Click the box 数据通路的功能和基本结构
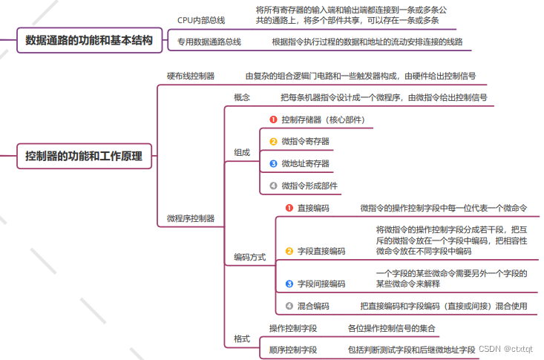[x=89, y=41]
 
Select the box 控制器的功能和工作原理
[x=84, y=156]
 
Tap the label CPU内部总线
[x=201, y=20]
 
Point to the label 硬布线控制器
[x=191, y=76]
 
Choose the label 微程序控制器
[x=191, y=218]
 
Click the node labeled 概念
[x=242, y=97]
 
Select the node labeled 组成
[x=242, y=152]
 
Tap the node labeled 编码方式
[x=249, y=257]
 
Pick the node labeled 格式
[x=242, y=338]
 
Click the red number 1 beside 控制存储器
[x=273, y=119]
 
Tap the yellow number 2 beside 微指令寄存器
[x=273, y=141]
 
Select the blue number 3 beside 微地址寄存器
[x=273, y=163]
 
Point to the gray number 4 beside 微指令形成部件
[x=273, y=186]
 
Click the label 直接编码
[x=313, y=208]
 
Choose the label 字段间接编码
[x=321, y=284]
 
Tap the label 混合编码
[x=313, y=305]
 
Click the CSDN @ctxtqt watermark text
[x=505, y=348]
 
